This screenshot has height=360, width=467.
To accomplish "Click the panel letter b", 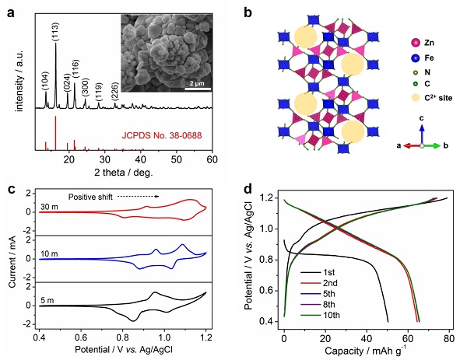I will click(x=248, y=12).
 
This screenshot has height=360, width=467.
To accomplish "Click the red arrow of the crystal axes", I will click(x=406, y=145).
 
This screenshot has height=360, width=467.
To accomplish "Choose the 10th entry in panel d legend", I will click(x=349, y=314).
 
